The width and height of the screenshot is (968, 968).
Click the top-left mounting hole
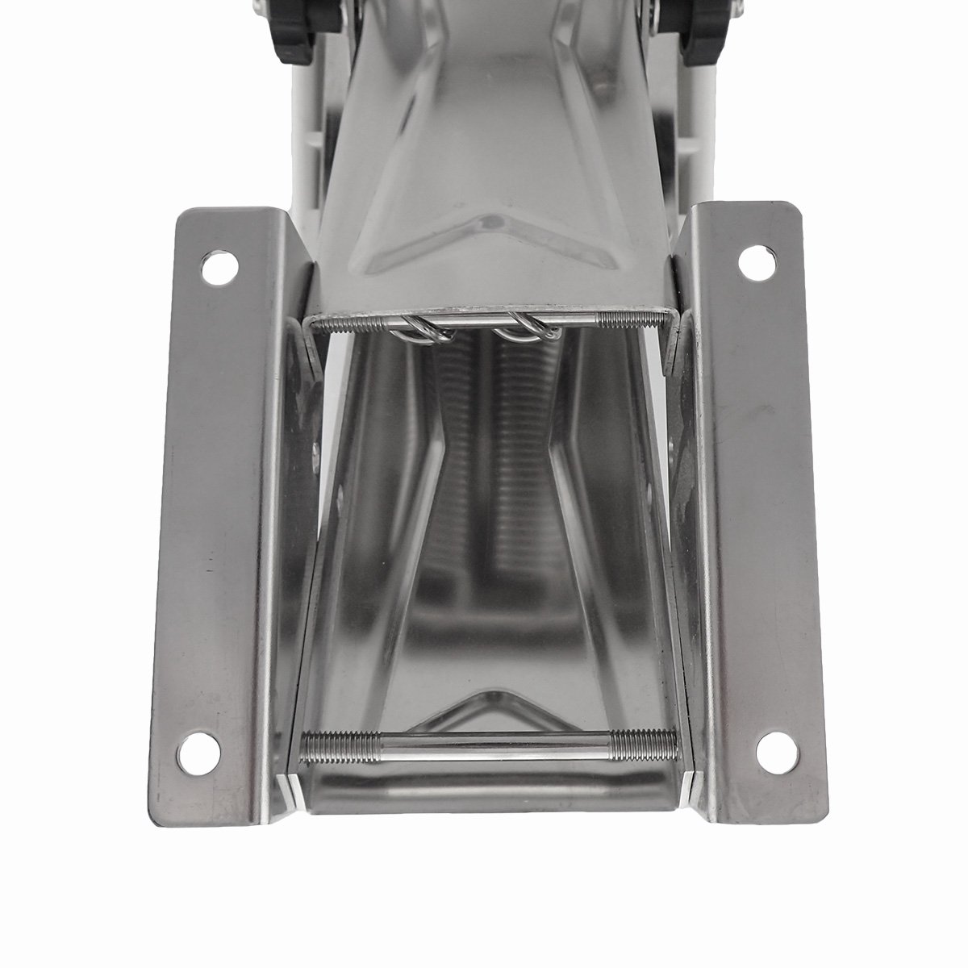point(215,269)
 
